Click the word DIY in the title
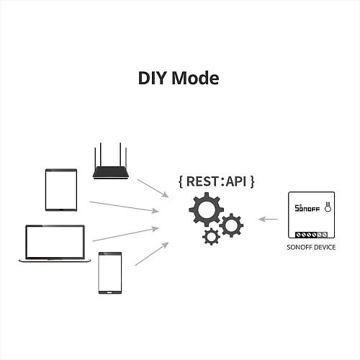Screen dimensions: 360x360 click(153, 78)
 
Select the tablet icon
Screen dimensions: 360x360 click(61, 190)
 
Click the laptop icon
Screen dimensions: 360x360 click(55, 243)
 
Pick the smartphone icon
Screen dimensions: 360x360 click(110, 273)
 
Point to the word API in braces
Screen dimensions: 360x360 click(236, 181)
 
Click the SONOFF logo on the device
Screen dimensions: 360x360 click(307, 208)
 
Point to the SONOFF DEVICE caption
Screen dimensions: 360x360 click(311, 247)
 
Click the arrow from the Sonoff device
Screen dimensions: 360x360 click(268, 219)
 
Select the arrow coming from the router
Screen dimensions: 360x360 click(153, 188)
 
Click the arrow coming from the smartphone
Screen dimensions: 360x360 click(152, 254)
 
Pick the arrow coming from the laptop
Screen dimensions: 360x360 click(125, 234)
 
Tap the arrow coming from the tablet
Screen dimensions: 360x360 click(124, 207)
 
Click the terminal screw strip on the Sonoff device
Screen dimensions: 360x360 click(311, 235)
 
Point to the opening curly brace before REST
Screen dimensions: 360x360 click(181, 181)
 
